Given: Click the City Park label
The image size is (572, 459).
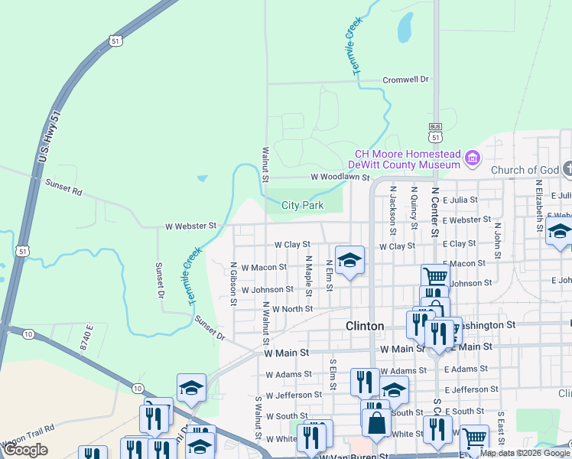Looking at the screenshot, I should point(302,205).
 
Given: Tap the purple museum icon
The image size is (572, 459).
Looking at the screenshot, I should point(473,159).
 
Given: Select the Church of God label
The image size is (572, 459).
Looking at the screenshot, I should point(524,170).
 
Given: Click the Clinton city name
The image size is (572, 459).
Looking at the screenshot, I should point(365,326).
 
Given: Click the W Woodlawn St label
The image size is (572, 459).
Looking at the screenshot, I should point(340,177).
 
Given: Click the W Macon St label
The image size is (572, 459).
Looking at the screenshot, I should point(264,267).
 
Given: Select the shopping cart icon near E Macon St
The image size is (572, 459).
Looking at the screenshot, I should point(435,276).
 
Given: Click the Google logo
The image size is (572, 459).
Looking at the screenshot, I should point(25,450).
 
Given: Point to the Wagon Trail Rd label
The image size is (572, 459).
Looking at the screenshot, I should point(28,437).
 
